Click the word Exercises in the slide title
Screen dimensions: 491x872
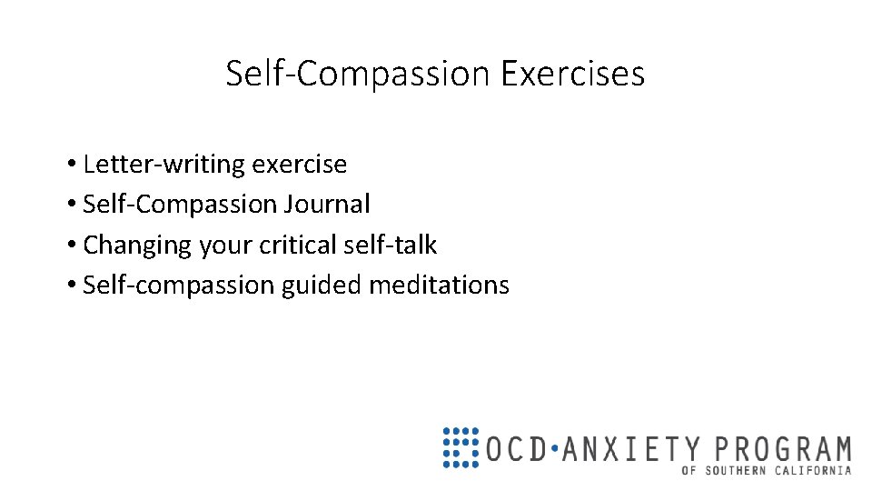point(572,74)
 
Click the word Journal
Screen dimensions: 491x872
point(327,205)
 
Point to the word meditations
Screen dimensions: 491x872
point(439,286)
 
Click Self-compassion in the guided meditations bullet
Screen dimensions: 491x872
point(179,286)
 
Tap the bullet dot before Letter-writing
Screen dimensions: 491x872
point(71,165)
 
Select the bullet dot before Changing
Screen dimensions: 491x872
point(71,246)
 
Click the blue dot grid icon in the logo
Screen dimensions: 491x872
point(461,446)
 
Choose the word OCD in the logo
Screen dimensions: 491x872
point(515,449)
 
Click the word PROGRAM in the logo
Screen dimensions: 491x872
point(783,449)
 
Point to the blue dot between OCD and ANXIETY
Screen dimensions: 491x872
point(555,449)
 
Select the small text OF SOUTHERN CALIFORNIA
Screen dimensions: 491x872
point(767,470)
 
